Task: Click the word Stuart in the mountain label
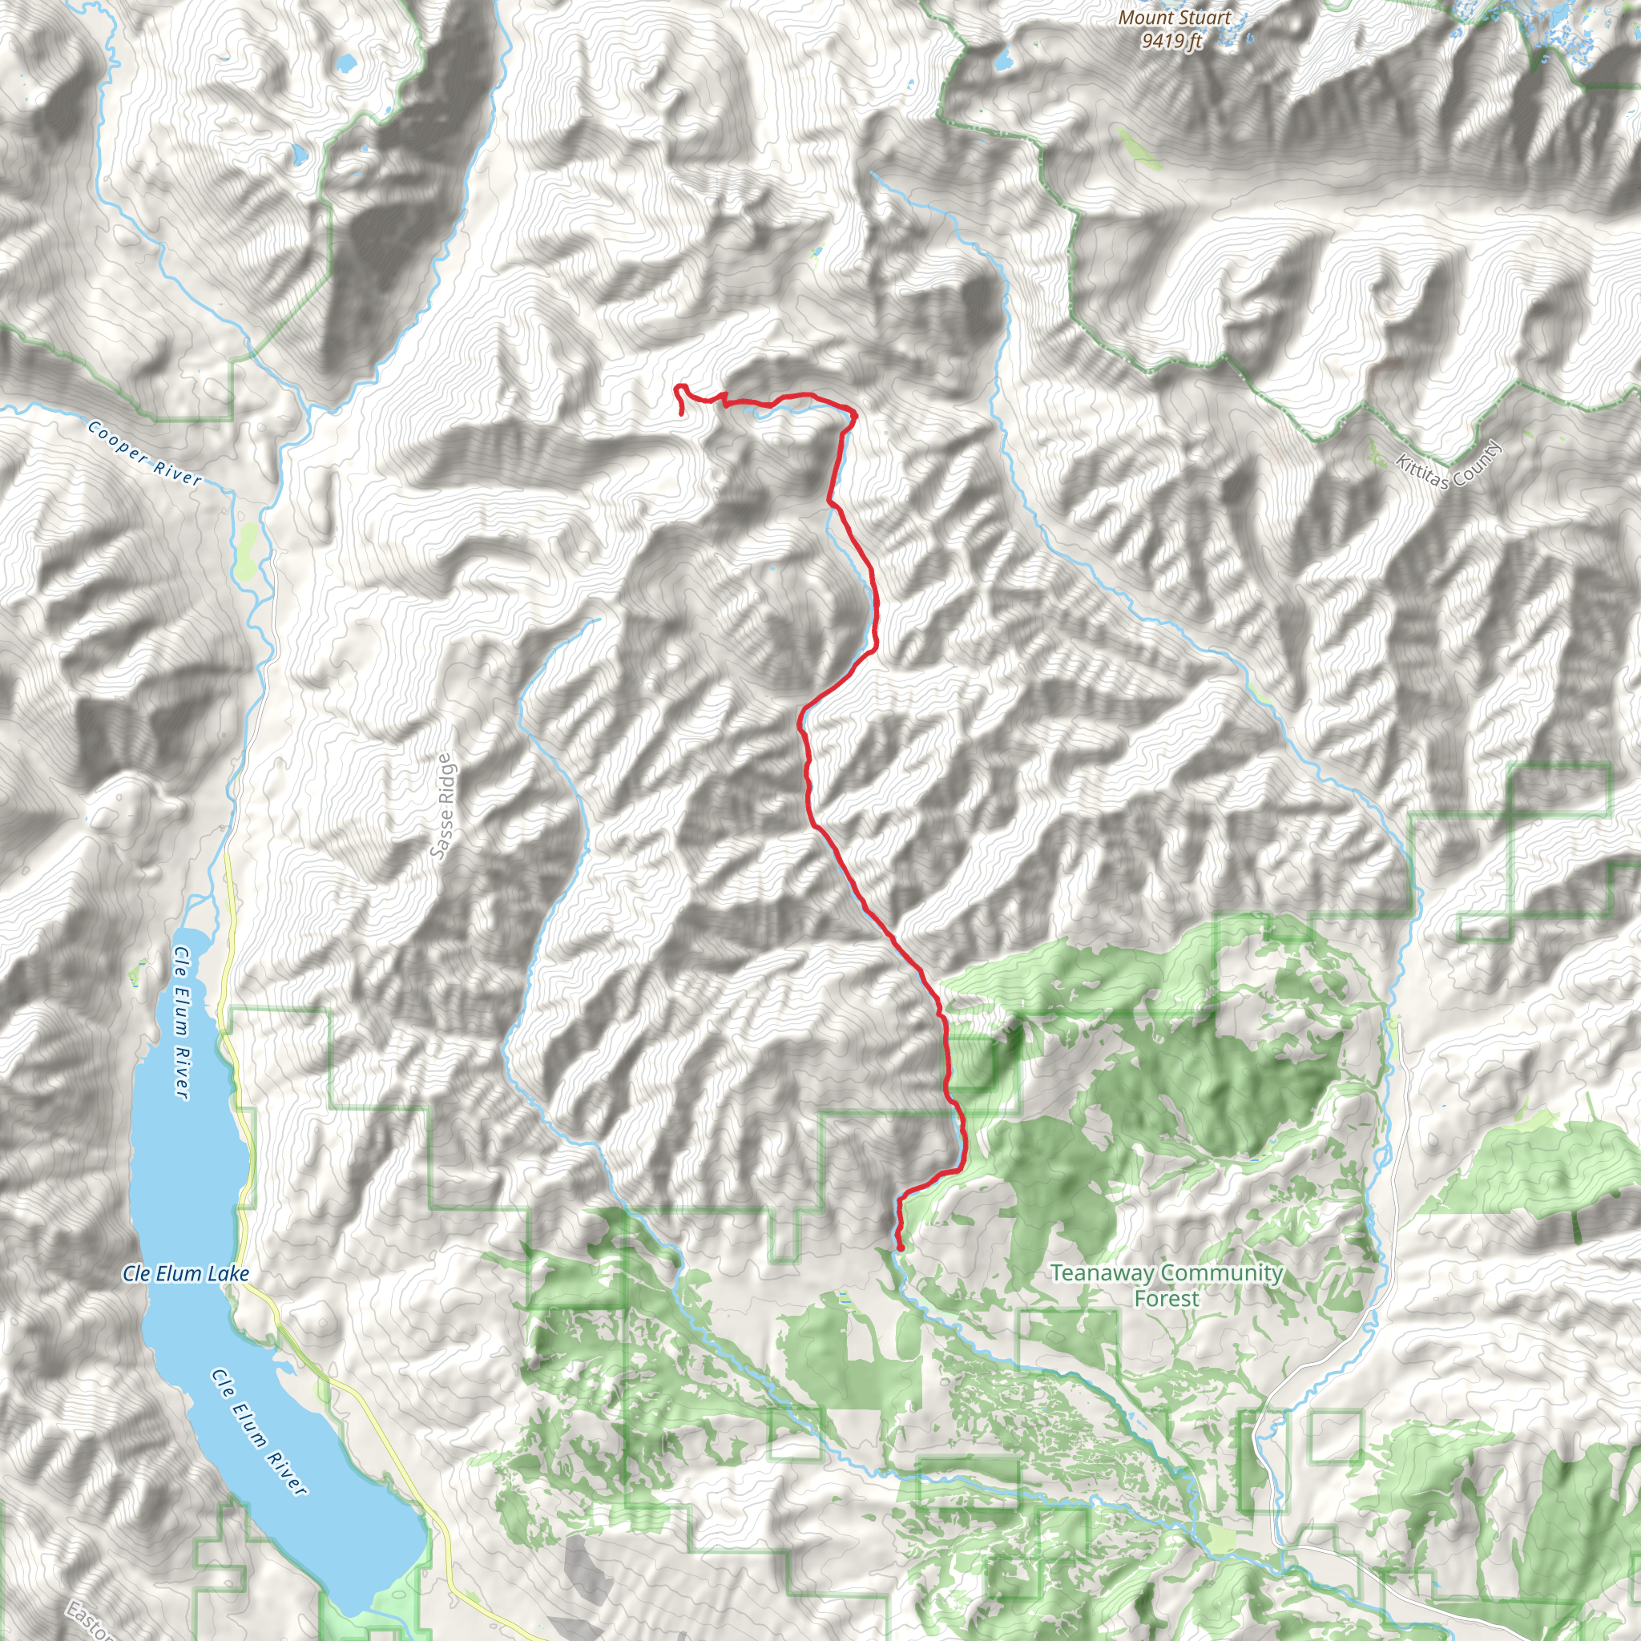(1202, 18)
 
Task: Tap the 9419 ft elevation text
(1172, 41)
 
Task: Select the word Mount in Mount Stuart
(1143, 18)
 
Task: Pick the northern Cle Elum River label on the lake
(182, 1023)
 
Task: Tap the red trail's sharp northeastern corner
(853, 413)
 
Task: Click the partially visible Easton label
(89, 1619)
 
